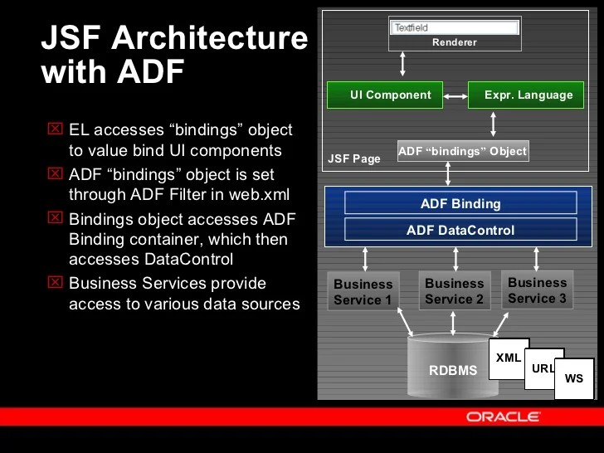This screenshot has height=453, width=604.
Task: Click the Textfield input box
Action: [x=454, y=27]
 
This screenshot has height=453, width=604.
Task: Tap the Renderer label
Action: [x=454, y=42]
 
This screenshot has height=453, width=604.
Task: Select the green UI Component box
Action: [x=384, y=95]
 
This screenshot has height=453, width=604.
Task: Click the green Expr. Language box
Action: [x=524, y=95]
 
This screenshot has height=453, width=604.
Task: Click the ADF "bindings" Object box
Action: [x=462, y=151]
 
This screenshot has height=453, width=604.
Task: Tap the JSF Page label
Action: [x=354, y=158]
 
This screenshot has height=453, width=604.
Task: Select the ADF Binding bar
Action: [x=460, y=203]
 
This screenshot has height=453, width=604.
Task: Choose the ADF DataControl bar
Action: [x=460, y=230]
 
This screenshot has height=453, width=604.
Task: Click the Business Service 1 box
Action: [x=363, y=291]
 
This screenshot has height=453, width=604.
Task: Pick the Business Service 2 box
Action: [x=454, y=290]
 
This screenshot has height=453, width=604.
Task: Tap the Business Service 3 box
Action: [x=537, y=290]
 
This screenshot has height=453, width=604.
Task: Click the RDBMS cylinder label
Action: [x=453, y=370]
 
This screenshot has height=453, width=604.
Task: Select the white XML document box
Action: [x=509, y=358]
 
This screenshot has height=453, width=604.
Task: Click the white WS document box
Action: [x=574, y=378]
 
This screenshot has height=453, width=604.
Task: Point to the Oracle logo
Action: [x=503, y=416]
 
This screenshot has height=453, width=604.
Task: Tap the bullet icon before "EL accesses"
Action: [x=55, y=129]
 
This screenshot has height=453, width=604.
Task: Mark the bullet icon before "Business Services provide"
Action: [x=55, y=283]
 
